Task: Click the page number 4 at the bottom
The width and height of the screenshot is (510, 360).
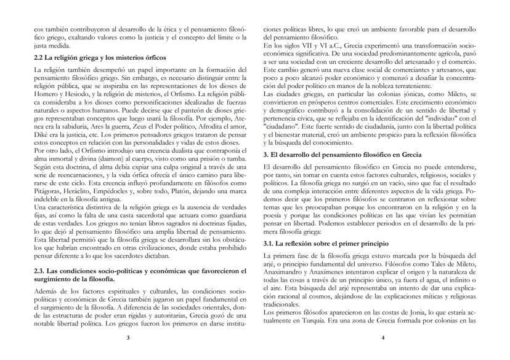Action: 382,337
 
